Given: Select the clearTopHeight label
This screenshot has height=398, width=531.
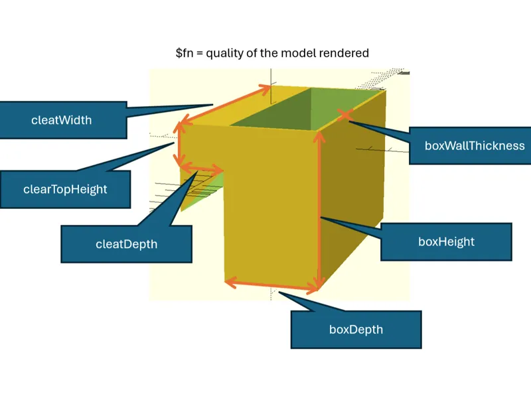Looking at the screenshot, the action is click(x=65, y=189).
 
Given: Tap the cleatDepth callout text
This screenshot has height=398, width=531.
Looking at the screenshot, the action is click(x=126, y=244).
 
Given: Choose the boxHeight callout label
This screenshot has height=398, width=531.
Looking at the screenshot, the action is click(x=446, y=241).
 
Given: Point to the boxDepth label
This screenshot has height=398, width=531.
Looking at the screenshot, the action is click(x=356, y=330).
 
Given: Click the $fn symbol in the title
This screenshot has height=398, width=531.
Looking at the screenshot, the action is click(x=185, y=53).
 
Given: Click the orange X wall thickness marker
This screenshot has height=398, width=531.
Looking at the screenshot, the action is click(x=345, y=115).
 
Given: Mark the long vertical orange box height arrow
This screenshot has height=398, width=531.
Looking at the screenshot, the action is click(x=319, y=210).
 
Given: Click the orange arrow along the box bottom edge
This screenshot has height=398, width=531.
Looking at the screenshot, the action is click(x=271, y=285).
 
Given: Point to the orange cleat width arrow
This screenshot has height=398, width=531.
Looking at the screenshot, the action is click(x=224, y=104).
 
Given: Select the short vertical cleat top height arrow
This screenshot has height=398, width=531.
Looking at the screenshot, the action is click(x=179, y=145).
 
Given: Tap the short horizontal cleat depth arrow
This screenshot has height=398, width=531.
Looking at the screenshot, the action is click(x=202, y=168).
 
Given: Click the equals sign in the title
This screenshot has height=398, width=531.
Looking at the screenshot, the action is click(x=200, y=54).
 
